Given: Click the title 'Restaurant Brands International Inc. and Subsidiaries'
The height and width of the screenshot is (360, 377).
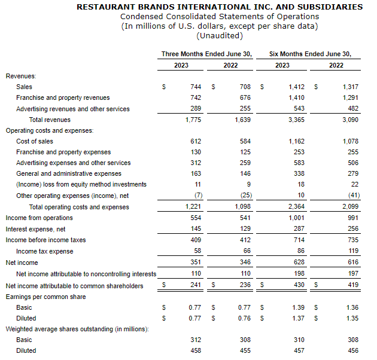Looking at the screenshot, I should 220,7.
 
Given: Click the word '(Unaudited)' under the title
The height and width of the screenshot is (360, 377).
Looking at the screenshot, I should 220,35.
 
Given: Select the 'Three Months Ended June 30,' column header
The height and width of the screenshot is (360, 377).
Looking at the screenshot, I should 206,54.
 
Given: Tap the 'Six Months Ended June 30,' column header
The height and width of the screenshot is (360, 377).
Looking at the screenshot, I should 310,54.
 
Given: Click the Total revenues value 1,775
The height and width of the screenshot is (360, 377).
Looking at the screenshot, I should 194,120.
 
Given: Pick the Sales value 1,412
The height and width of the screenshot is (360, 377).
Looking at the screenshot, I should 296,87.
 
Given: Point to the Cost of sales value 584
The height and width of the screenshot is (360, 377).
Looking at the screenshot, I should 244,141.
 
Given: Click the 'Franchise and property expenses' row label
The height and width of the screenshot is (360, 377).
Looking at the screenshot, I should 63,152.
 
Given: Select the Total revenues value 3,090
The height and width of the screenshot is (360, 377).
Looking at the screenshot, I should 349,120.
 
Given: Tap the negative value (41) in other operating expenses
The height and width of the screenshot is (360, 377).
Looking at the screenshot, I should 352,196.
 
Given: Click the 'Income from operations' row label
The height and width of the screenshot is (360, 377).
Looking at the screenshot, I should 39,218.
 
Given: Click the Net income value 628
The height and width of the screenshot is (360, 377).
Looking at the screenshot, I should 299,263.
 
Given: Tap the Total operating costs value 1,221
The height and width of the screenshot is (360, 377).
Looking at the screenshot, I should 194,207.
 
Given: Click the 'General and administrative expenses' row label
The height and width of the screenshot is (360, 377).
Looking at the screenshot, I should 69,173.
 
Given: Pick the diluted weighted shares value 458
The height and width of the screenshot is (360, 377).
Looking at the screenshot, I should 196,350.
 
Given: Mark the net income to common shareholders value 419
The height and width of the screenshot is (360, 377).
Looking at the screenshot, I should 352,286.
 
